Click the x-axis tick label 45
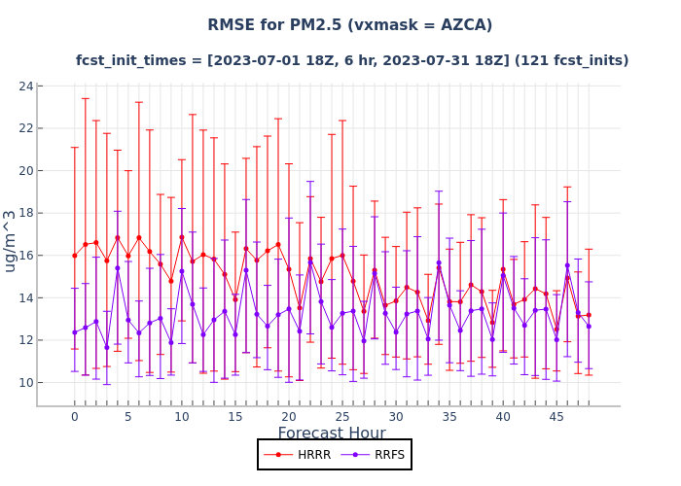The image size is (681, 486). coord(556,417)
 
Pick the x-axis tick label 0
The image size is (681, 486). coord(74,417)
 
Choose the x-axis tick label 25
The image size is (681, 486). coord(342,417)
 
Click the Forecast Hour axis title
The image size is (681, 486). coord(332,434)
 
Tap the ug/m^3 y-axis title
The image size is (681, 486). coord(11,240)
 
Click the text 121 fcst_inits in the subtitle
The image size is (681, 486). coord(572,60)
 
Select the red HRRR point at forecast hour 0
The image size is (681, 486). coord(74,256)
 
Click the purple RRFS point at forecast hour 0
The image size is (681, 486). coord(74,332)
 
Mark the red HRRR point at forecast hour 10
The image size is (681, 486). coord(181,237)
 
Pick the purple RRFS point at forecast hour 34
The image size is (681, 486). coord(439,262)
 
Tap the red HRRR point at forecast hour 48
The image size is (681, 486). coord(589,315)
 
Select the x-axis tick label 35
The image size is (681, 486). coord(449,417)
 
